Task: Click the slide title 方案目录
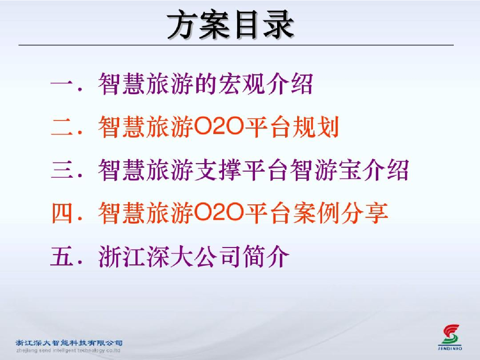point(231,25)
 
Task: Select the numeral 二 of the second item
point(62,127)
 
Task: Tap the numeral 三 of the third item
point(62,169)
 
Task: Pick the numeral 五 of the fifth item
point(62,256)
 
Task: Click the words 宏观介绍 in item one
point(265,83)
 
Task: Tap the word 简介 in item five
point(266,256)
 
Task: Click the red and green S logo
point(450,335)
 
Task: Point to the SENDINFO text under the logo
point(450,348)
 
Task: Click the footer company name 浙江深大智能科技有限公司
point(69,343)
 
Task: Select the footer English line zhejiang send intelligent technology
point(68,350)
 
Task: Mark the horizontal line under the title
point(236,45)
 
